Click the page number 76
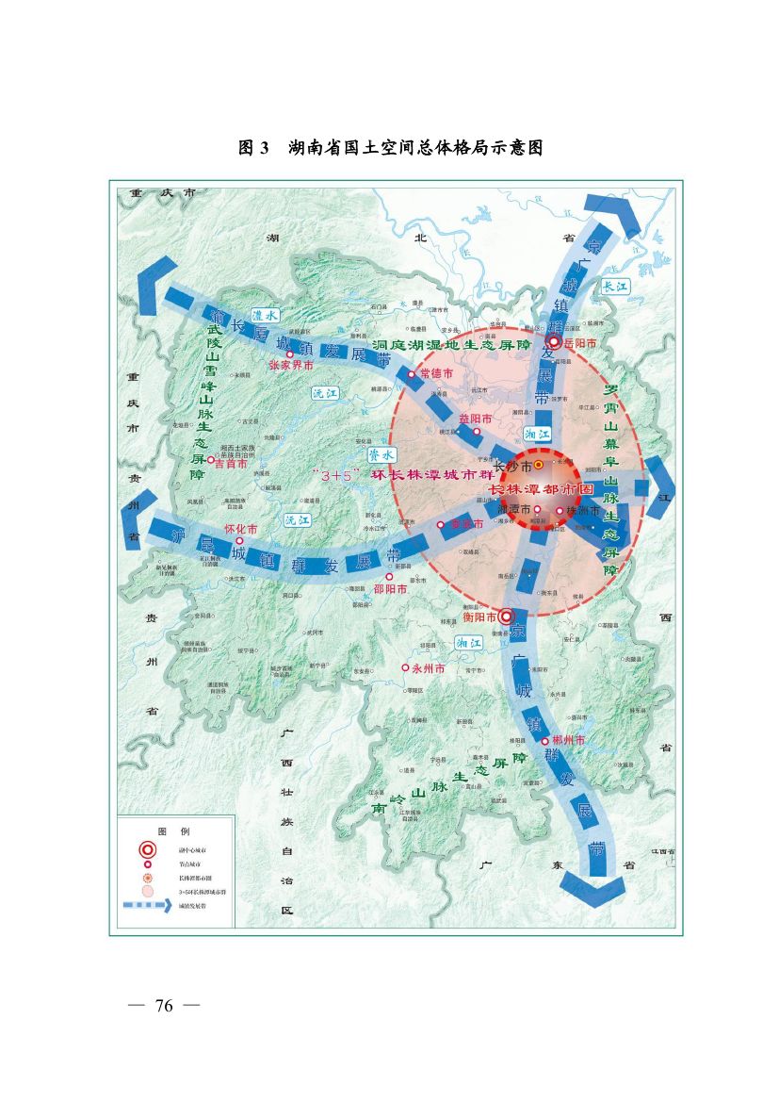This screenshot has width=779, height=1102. [164, 1006]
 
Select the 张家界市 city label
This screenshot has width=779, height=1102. [292, 363]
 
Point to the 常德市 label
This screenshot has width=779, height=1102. [436, 374]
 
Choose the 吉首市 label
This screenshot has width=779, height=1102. [231, 463]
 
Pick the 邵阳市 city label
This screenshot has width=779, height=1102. [390, 588]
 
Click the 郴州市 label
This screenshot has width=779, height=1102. [569, 741]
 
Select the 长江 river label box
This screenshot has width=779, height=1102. [615, 286]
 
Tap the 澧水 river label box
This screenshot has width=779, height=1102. [265, 317]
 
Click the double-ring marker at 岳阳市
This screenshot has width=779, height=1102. [555, 343]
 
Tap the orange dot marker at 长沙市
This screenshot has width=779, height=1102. [538, 465]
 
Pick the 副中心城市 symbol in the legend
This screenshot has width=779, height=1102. [147, 849]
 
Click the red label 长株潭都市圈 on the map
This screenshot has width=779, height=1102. [541, 490]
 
